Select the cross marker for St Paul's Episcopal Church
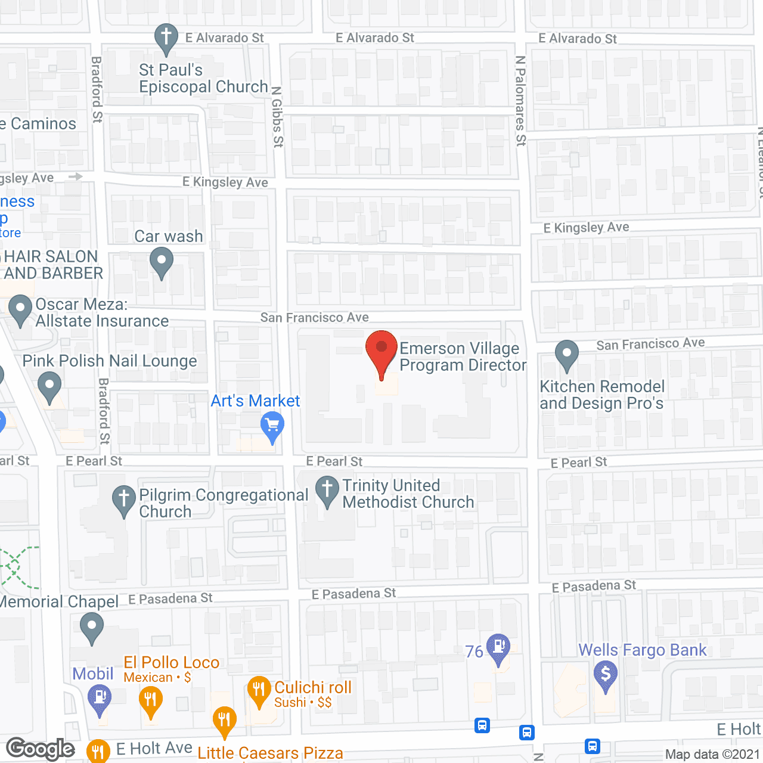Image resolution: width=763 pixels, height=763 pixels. (166, 37)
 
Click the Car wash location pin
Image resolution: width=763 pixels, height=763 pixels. (161, 261)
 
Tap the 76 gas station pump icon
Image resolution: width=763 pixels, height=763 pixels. (498, 647)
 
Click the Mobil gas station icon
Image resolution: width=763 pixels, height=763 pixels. (100, 697)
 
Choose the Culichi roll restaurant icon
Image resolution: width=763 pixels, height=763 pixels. (259, 690)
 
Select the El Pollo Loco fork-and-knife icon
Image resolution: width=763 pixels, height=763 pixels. (150, 699)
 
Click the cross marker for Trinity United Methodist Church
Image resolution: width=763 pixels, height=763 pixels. (327, 491)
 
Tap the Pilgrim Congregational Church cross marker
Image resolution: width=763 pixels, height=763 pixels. (124, 499)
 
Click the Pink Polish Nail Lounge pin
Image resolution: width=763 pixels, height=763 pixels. (49, 385)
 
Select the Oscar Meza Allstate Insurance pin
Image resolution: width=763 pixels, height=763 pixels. (20, 309)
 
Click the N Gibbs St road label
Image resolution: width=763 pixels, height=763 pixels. (277, 117)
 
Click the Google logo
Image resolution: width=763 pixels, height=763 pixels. (41, 749)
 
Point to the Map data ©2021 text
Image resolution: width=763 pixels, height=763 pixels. (712, 754)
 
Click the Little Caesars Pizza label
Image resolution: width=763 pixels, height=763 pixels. (270, 753)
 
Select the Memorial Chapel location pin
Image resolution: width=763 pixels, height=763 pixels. (91, 628)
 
